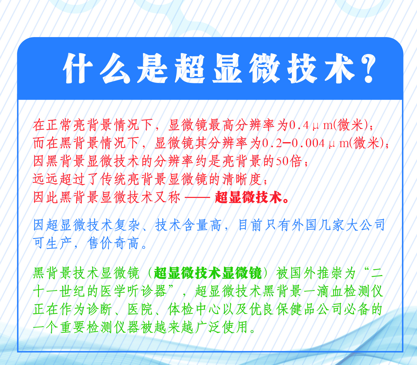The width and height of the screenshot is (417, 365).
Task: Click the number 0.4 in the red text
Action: coord(299,125)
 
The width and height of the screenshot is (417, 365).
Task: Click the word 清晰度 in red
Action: coord(242,180)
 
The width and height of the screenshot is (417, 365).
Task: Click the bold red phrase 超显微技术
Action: coord(248,197)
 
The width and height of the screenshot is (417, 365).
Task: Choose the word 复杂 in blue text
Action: coord(127,225)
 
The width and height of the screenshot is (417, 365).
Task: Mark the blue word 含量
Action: coord(195,225)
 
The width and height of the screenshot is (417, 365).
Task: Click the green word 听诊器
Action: coord(147,291)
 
